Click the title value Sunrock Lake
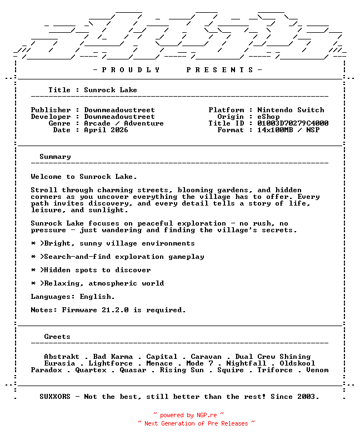click(x=111, y=90)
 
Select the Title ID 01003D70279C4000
click(x=293, y=123)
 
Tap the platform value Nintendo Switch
click(x=291, y=110)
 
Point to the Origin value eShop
click(x=268, y=117)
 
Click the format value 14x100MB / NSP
click(x=288, y=130)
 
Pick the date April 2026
click(x=106, y=130)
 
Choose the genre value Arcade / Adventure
click(x=124, y=123)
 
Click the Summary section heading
click(x=55, y=157)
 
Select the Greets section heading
click(x=57, y=337)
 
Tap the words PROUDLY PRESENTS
click(x=177, y=70)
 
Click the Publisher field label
click(x=51, y=110)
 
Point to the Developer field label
click(x=51, y=117)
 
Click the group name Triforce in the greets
click(x=275, y=370)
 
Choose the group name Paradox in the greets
click(x=46, y=370)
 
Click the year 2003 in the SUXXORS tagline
click(x=308, y=397)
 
